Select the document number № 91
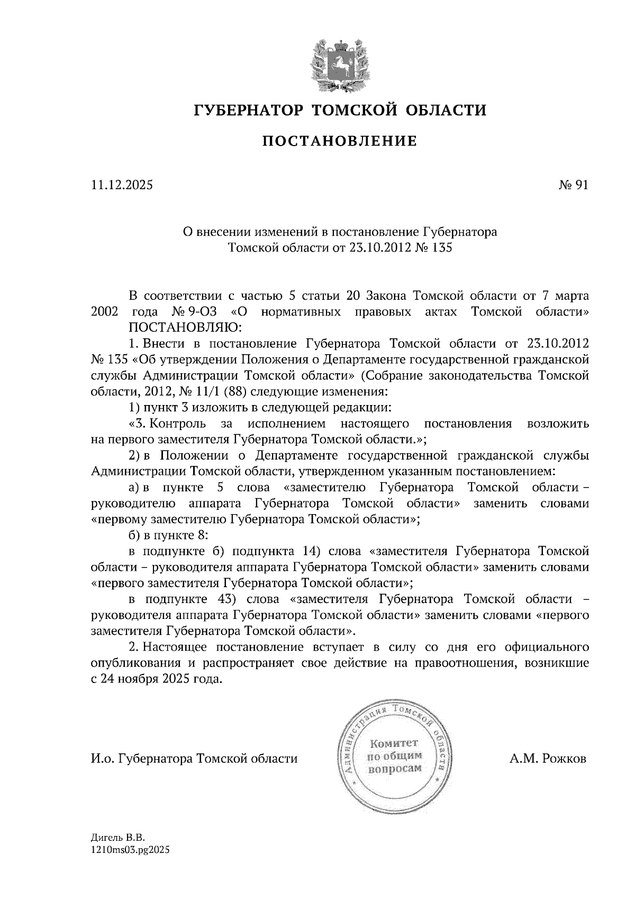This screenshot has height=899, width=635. pyautogui.click(x=573, y=185)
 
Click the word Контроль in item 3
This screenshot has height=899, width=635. pyautogui.click(x=178, y=424)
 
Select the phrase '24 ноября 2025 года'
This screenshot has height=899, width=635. pyautogui.click(x=159, y=679)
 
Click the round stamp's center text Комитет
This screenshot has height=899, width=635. pyautogui.click(x=394, y=743)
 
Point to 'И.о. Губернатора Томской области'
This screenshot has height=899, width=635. pyautogui.click(x=194, y=759)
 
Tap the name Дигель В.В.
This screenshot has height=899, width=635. pyautogui.click(x=118, y=838)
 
